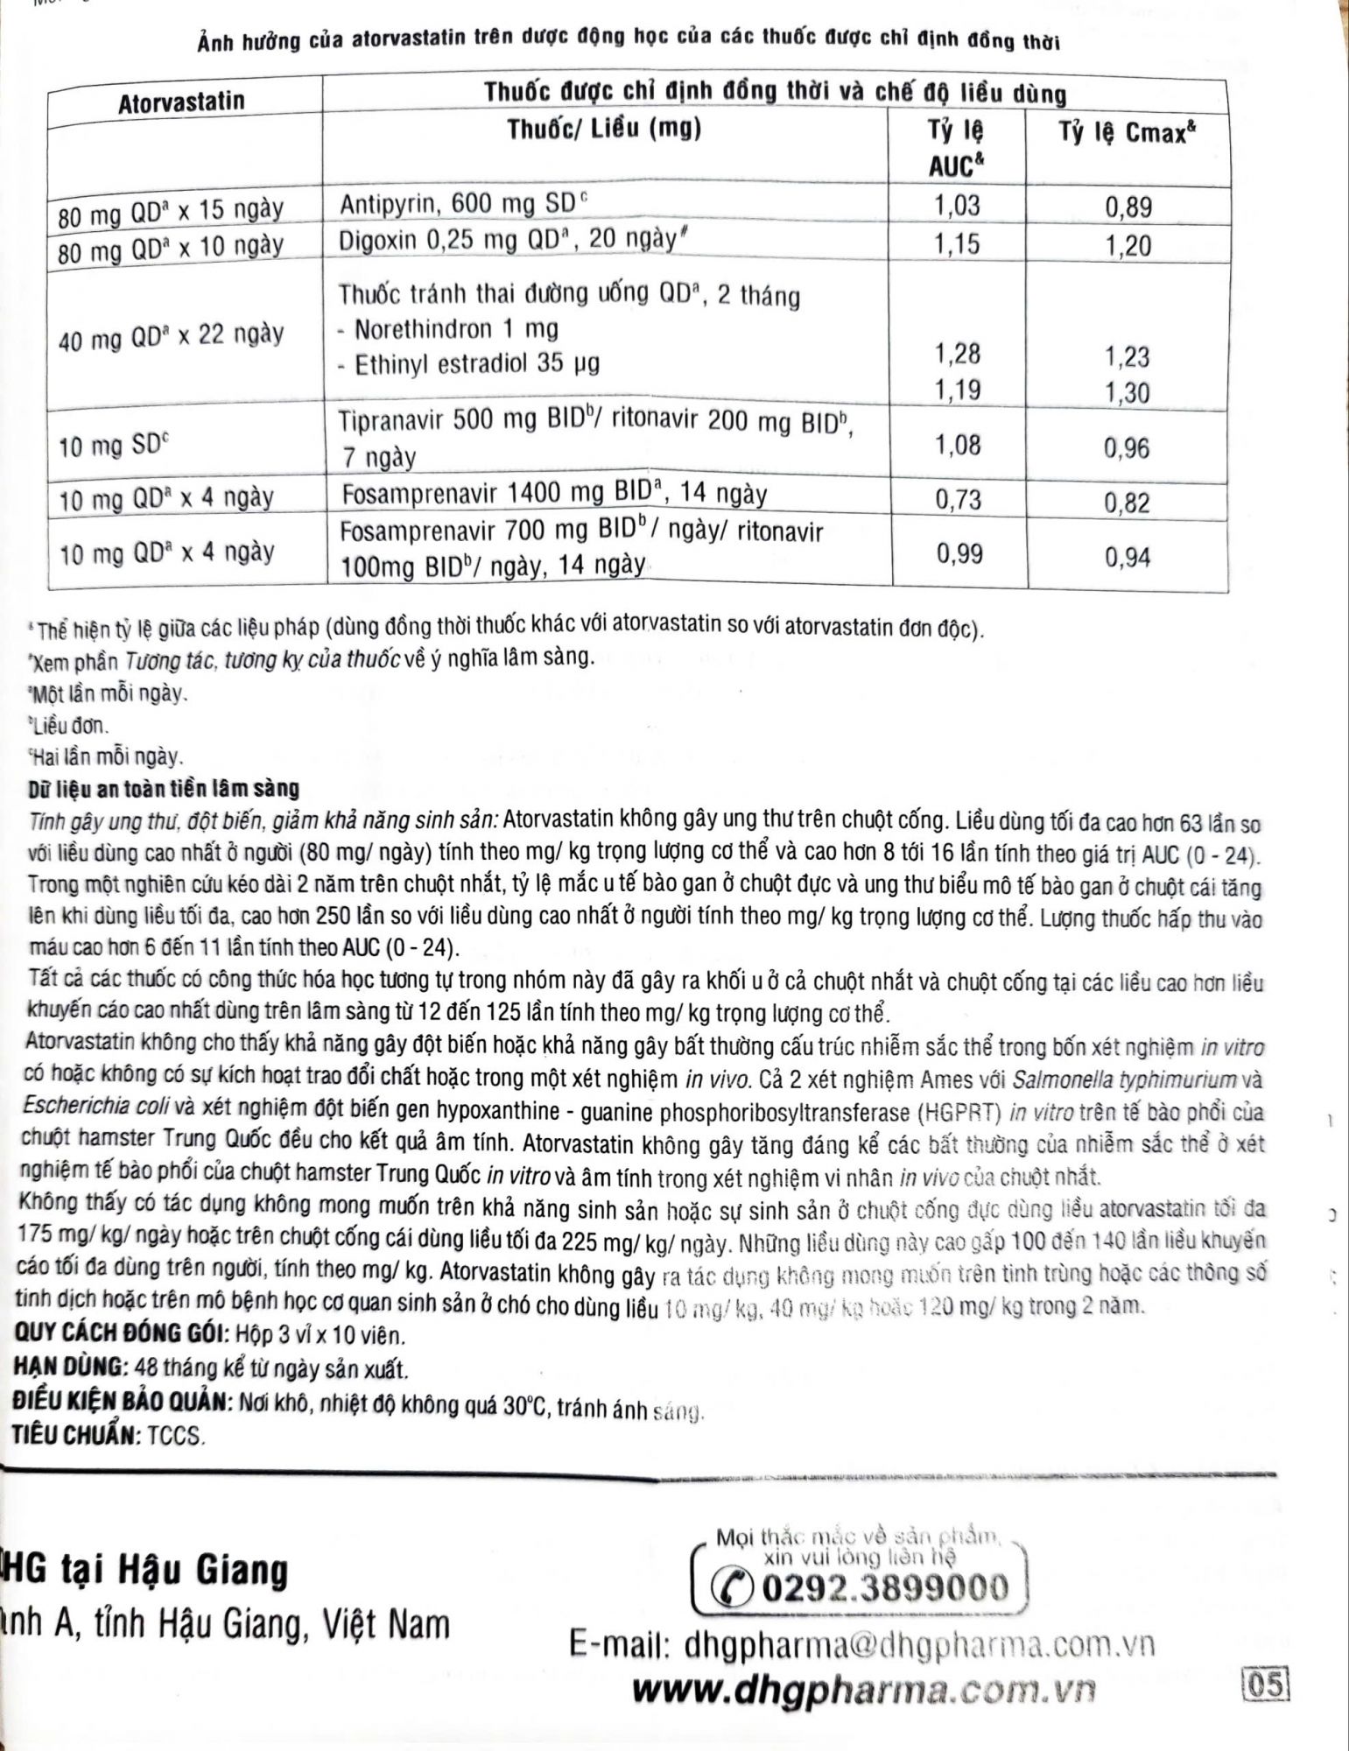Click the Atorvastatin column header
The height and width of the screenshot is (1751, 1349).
click(181, 102)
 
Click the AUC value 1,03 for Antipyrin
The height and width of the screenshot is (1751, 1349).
click(957, 206)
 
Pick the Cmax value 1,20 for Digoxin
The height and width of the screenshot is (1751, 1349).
click(1128, 246)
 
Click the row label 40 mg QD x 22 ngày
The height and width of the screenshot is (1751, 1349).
click(171, 336)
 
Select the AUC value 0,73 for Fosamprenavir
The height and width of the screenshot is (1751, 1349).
click(959, 499)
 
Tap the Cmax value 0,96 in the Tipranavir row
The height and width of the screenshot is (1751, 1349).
click(1127, 448)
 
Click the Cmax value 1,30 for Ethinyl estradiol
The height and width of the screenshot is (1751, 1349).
click(1128, 392)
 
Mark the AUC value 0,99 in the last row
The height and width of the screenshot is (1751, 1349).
click(959, 553)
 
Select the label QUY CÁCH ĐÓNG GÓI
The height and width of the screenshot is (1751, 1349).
click(120, 1336)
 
